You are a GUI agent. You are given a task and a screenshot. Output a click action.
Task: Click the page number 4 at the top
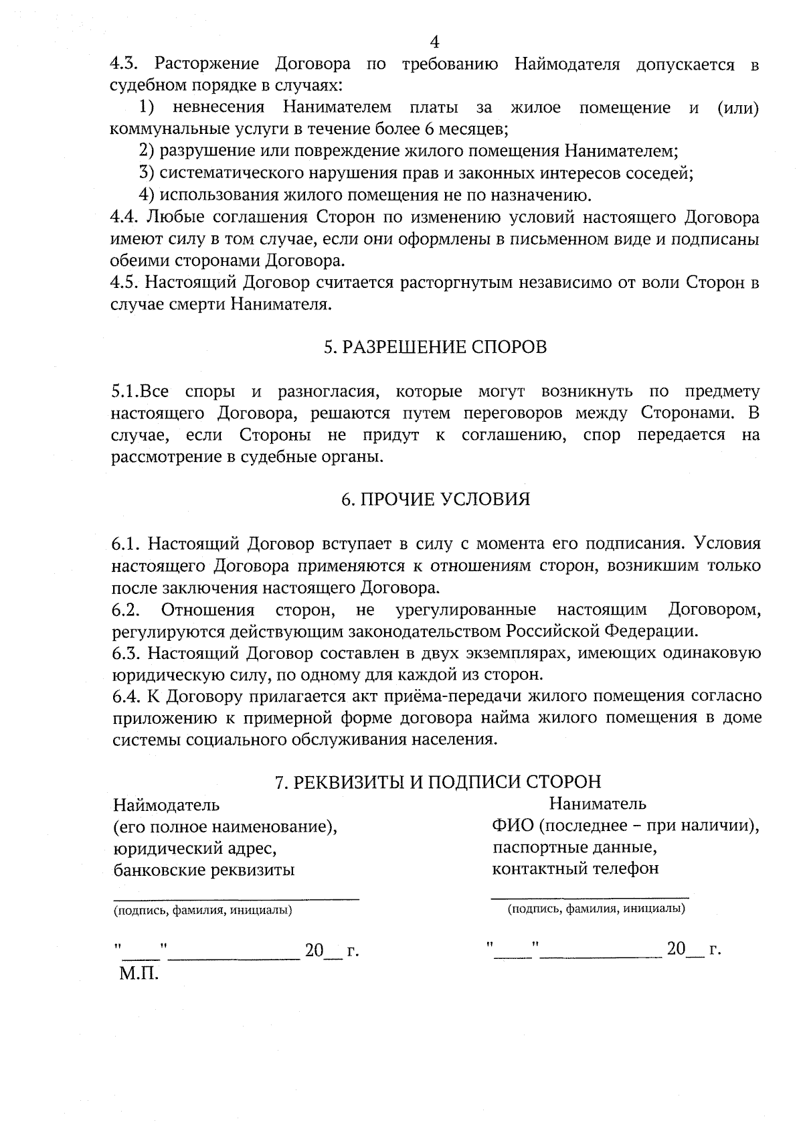point(434,42)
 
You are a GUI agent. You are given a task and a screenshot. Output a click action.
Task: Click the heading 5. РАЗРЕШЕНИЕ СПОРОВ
point(435,347)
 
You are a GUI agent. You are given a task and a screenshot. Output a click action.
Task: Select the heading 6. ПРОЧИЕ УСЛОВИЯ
point(435,500)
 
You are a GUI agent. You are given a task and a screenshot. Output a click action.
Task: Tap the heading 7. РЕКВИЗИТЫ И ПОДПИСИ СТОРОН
point(438,781)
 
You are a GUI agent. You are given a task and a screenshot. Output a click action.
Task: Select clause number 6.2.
point(125,610)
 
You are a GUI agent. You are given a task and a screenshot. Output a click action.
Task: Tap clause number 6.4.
point(125,696)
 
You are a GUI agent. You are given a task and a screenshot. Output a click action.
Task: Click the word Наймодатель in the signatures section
point(166,804)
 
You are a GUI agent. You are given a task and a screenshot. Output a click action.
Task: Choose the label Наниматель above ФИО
point(598,803)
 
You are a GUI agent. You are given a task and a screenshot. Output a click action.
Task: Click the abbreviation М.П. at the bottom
point(139,973)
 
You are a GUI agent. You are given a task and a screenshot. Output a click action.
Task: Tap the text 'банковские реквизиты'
point(204,870)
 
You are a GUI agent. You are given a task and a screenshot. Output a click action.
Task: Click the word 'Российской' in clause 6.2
point(553,631)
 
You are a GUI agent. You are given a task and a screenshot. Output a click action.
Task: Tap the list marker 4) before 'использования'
point(147,196)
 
